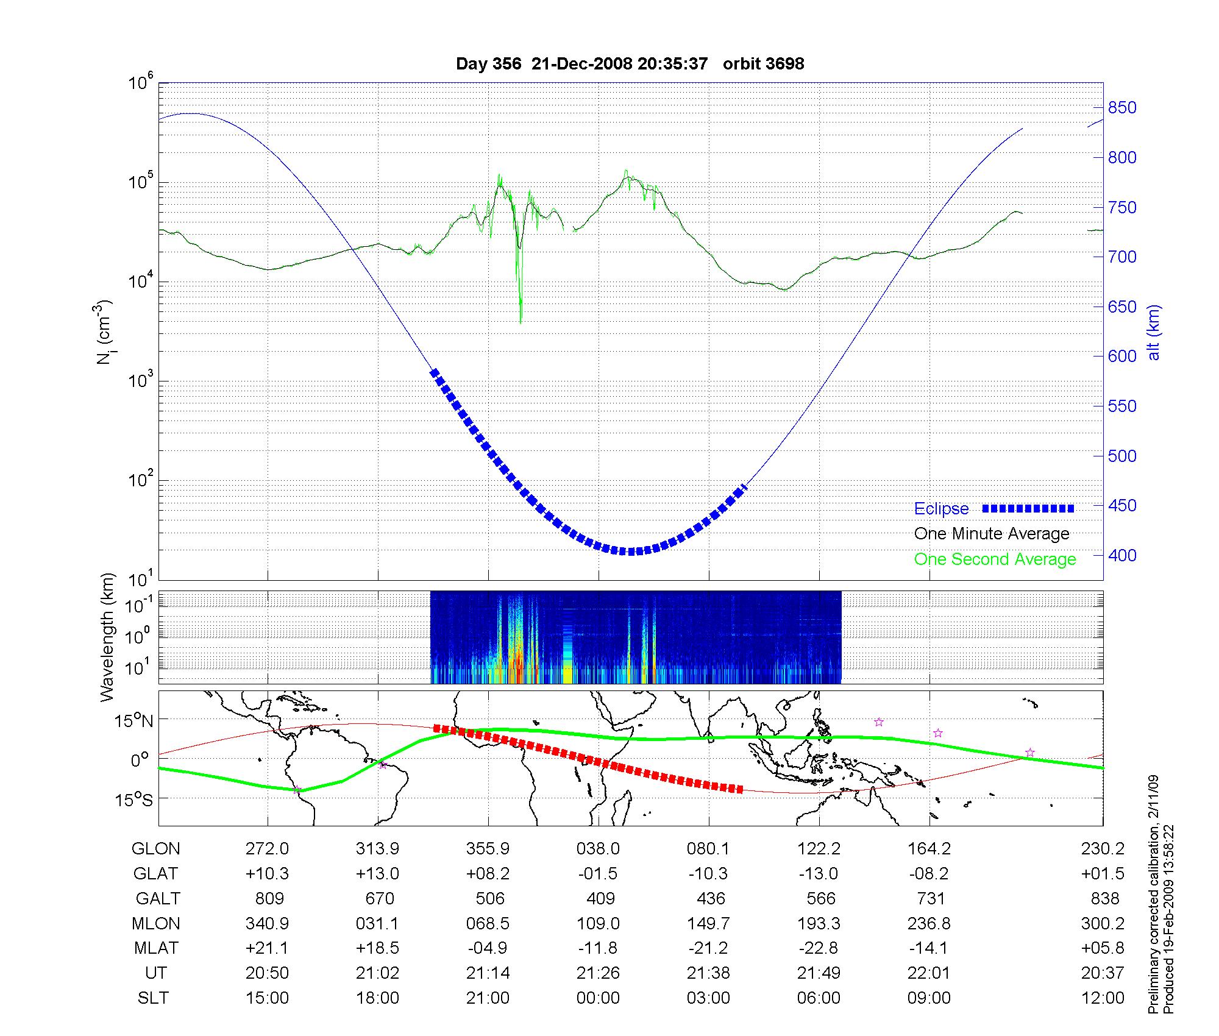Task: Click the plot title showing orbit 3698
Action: click(x=630, y=63)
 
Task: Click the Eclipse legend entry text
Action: click(x=941, y=509)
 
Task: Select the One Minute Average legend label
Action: click(x=992, y=534)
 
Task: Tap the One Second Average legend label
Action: click(x=995, y=559)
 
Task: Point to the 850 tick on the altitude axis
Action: click(x=1122, y=108)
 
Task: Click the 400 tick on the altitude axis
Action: click(x=1122, y=555)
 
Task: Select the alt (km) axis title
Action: click(x=1154, y=332)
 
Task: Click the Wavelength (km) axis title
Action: click(x=107, y=637)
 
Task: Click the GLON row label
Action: click(x=156, y=849)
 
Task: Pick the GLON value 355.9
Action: click(x=488, y=849)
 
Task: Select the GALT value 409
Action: click(x=600, y=899)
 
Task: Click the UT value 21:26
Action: click(x=598, y=973)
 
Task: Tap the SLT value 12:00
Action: click(x=1103, y=998)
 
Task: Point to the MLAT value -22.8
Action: click(x=819, y=948)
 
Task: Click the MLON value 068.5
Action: click(x=488, y=924)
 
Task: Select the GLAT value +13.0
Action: click(x=377, y=874)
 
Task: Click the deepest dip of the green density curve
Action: click(x=521, y=321)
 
